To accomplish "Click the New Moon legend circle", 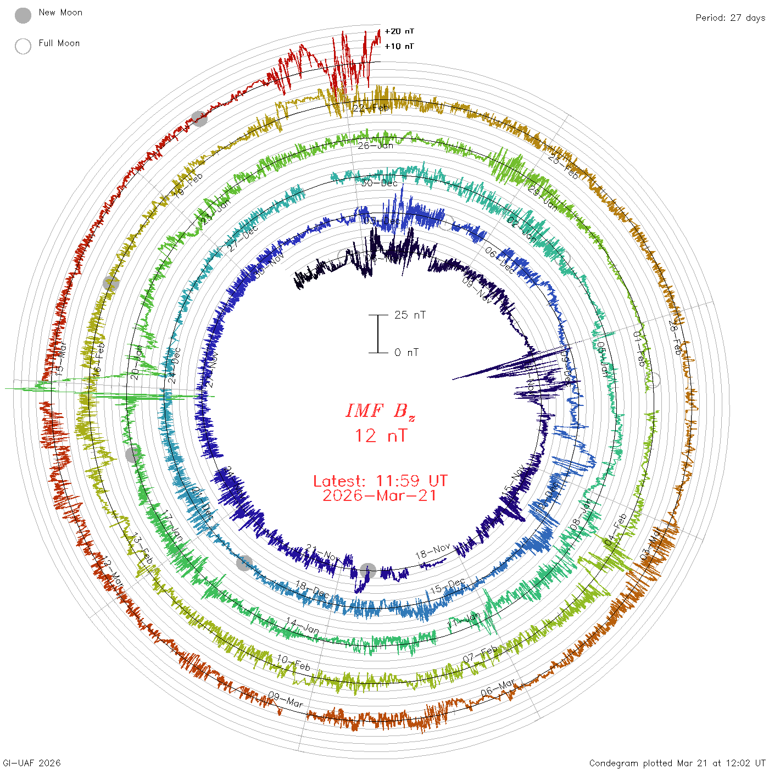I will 23,15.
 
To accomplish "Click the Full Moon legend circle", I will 23,46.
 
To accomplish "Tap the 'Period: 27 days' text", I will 730,18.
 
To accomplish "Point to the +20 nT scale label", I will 399,32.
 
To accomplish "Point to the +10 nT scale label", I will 399,47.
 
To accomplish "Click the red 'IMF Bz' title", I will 380,411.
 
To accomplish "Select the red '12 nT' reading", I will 381,436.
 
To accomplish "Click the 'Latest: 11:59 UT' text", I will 380,481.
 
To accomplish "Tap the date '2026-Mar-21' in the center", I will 380,496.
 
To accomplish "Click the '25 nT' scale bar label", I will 410,315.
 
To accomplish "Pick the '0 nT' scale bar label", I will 406,353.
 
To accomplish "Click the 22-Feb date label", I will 371,108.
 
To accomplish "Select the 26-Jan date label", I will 376,146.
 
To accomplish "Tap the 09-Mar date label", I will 286,699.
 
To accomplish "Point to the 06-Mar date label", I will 498,688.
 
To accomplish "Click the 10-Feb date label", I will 293,662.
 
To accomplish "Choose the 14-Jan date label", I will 302,626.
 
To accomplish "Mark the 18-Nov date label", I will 433,551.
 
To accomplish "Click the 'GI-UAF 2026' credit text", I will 32,763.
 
